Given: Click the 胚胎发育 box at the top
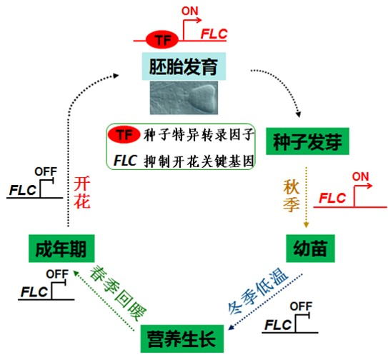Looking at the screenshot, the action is [x=184, y=66].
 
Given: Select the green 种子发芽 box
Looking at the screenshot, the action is [x=307, y=141].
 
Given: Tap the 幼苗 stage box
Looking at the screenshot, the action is [x=310, y=249].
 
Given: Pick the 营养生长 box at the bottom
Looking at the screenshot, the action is [x=182, y=339].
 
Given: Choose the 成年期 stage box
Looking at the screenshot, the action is [x=61, y=249].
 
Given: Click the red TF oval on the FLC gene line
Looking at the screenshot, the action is [x=162, y=39].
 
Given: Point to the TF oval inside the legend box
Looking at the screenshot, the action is [x=124, y=135].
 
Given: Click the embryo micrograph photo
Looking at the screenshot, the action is [x=184, y=98].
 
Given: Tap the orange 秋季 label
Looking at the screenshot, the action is [x=292, y=196].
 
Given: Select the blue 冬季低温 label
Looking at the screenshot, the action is [x=258, y=291].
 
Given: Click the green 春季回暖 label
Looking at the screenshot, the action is [x=119, y=293].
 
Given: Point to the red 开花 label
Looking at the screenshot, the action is [x=82, y=192].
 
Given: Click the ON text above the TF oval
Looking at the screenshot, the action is [x=190, y=11].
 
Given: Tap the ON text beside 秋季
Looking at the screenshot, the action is [x=361, y=176].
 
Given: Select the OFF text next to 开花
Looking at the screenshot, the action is [x=46, y=171].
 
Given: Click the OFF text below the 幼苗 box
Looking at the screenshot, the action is [x=301, y=306].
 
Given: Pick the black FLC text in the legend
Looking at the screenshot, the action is [x=126, y=160].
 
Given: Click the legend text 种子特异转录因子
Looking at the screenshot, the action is [x=199, y=135].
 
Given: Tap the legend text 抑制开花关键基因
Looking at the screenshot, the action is [x=199, y=161].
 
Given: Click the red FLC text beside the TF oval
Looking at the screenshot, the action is [x=214, y=34].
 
